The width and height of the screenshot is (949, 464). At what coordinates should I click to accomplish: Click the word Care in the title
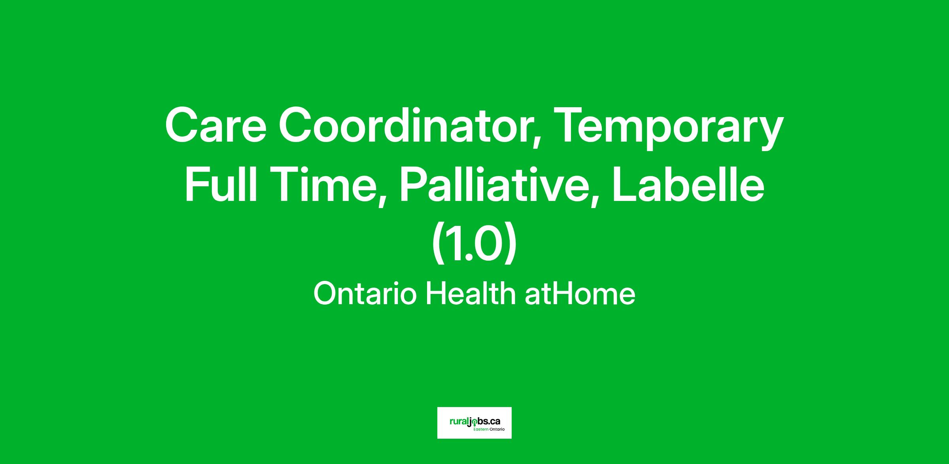pos(216,126)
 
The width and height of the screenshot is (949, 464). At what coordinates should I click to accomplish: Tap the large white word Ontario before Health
pos(365,294)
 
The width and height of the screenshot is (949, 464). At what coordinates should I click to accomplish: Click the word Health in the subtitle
pos(471,294)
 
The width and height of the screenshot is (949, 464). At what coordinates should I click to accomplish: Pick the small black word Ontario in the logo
pos(497,429)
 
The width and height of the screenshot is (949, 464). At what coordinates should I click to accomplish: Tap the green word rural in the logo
pos(458,422)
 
